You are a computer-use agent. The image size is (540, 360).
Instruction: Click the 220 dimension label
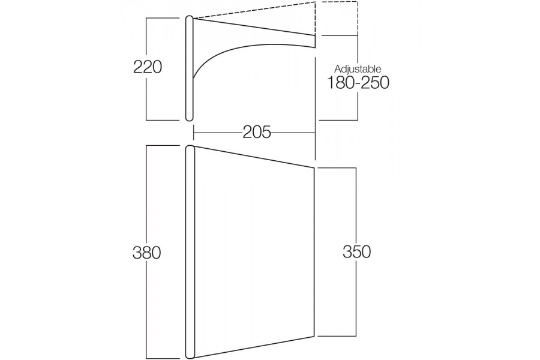tap(148, 67)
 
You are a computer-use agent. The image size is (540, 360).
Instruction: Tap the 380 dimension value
tap(147, 253)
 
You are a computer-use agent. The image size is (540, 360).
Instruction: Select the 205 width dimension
tap(257, 132)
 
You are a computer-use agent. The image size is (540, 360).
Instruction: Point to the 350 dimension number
tap(357, 251)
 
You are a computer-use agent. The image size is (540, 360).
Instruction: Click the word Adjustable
tap(358, 68)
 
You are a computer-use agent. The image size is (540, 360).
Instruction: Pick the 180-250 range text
tap(358, 83)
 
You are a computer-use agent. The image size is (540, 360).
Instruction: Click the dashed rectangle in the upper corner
tap(337, 18)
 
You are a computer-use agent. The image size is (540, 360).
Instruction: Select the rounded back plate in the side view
tap(190, 68)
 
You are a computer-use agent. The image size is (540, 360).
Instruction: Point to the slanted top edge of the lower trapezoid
tap(254, 157)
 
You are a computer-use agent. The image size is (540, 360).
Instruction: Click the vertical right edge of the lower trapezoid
tap(314, 251)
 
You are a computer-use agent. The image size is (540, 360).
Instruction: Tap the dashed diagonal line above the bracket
tap(254, 10)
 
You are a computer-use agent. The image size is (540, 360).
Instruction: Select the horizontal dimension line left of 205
tap(218, 132)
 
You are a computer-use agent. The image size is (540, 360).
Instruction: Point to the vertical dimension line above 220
tap(147, 38)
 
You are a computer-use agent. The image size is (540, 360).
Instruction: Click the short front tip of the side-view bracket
tap(315, 41)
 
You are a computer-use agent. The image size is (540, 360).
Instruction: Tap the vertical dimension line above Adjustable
tap(358, 50)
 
